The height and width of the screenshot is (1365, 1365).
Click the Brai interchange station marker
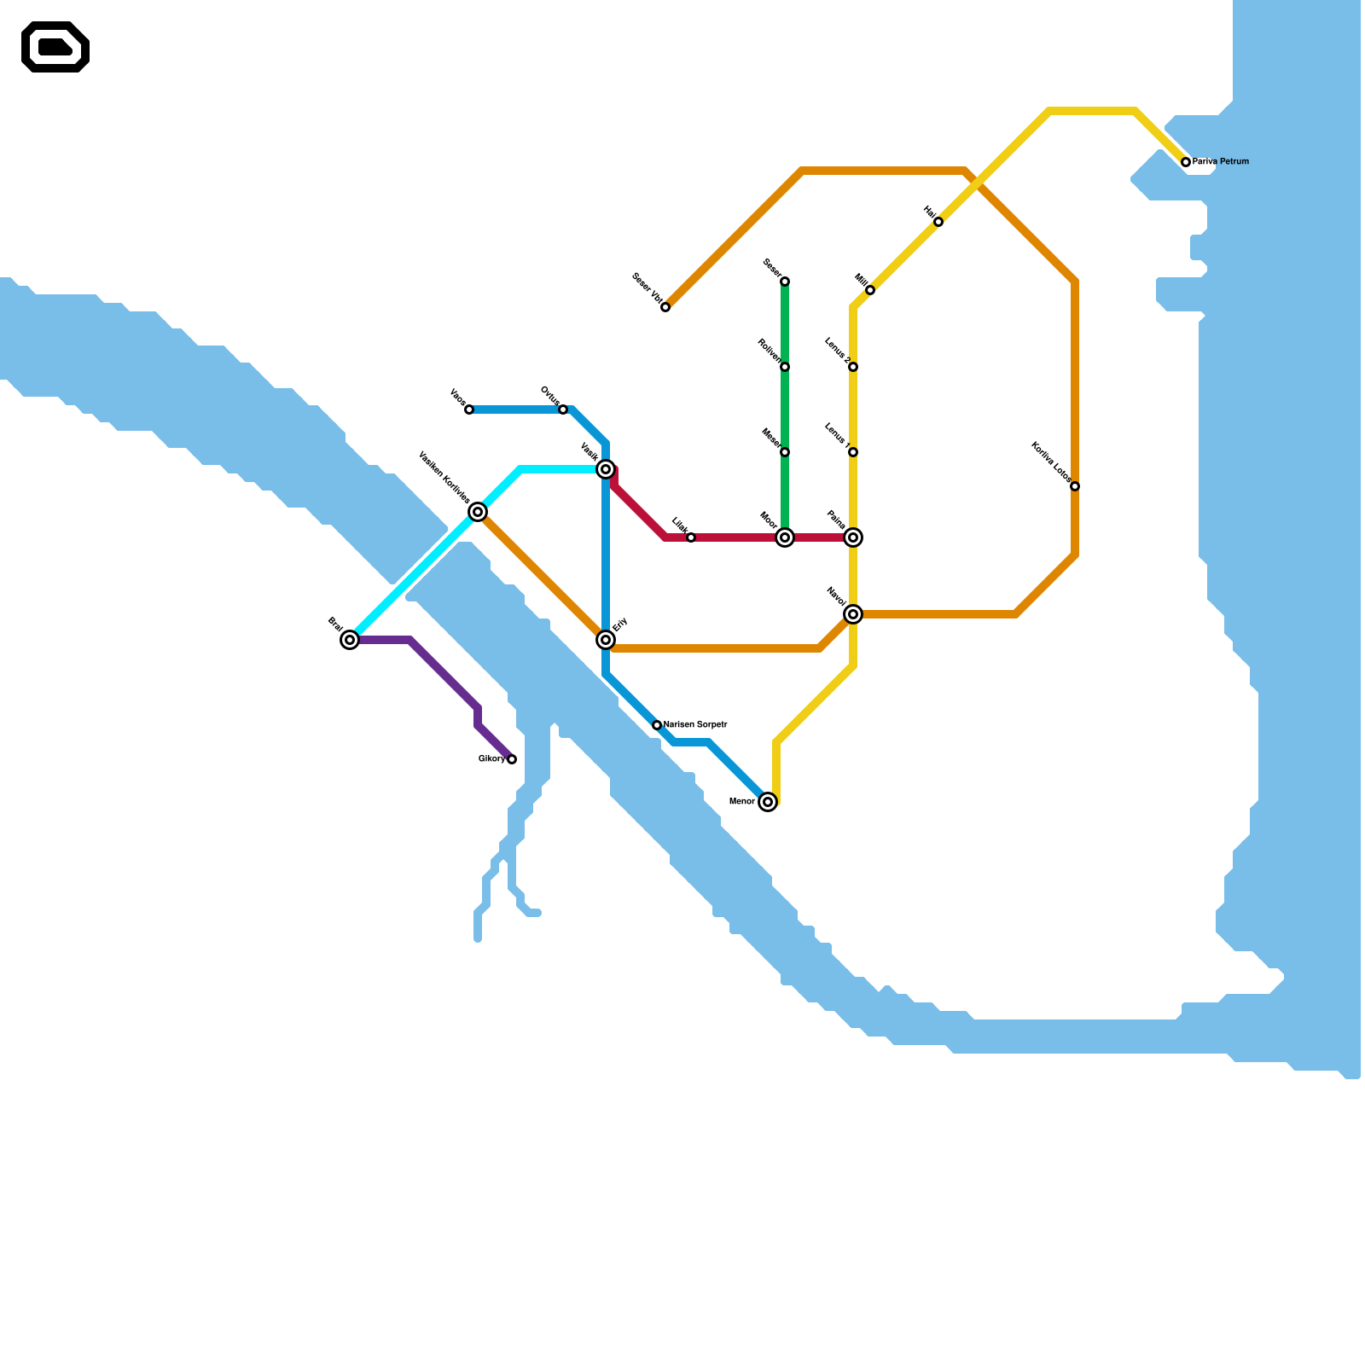point(350,640)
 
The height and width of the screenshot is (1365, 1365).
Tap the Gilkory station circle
point(512,759)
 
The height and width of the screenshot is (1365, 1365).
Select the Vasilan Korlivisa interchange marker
point(478,512)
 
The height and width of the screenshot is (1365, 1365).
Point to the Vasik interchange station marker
point(606,469)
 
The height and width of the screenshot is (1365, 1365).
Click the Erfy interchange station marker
point(606,640)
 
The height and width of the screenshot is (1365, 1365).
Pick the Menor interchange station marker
point(768,802)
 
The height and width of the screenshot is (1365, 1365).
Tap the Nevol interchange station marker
point(853,614)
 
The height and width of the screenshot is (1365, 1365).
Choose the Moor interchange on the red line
point(785,537)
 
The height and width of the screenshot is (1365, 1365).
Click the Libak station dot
point(691,537)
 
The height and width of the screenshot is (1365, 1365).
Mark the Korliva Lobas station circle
point(1075,486)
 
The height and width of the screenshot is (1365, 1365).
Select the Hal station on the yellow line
point(938,222)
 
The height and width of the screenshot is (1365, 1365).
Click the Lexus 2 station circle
point(853,367)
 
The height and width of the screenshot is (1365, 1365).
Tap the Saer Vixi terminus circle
point(665,307)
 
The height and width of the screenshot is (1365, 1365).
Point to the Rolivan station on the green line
point(785,367)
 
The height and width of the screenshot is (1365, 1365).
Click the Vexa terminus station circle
point(469,409)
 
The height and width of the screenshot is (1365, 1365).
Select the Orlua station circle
point(563,409)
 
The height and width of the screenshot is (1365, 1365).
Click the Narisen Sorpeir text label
point(695,725)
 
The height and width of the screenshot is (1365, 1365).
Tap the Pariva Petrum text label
point(1221,161)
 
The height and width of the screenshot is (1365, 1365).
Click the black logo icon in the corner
point(55,47)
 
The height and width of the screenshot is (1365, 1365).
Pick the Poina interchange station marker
point(853,537)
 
